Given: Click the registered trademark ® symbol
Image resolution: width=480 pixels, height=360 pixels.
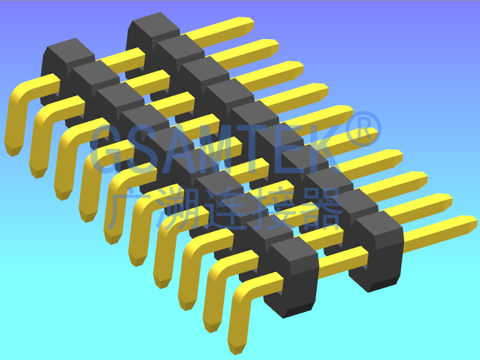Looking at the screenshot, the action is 363,130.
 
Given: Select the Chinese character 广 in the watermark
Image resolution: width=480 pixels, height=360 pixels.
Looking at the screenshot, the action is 128,208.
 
